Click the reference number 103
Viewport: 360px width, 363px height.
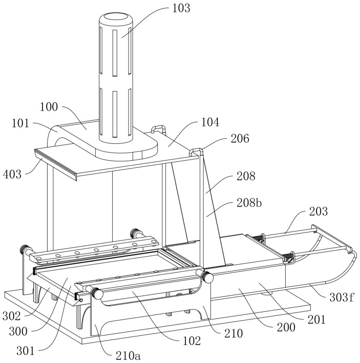pos(181,8)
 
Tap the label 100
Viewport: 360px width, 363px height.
pos(49,107)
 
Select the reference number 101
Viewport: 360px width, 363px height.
pos(20,123)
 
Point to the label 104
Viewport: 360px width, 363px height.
pos(210,122)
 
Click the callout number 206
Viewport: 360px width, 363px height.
pos(240,138)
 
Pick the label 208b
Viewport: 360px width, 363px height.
pos(249,203)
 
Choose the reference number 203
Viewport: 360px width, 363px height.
pos(319,211)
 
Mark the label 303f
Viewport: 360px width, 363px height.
pos(342,297)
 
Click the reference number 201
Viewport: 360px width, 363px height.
pos(316,319)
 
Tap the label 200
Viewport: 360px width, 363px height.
pos(286,327)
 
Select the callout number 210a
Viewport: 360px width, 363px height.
pos(128,356)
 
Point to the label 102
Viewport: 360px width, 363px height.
pos(192,341)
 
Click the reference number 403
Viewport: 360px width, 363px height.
pos(12,174)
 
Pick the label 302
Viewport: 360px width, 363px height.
pos(12,316)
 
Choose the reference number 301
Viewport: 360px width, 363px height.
pos(25,351)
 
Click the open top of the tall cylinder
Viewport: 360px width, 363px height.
pos(116,17)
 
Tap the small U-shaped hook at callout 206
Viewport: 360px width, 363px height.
pos(196,152)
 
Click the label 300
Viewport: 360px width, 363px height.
pos(18,332)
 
